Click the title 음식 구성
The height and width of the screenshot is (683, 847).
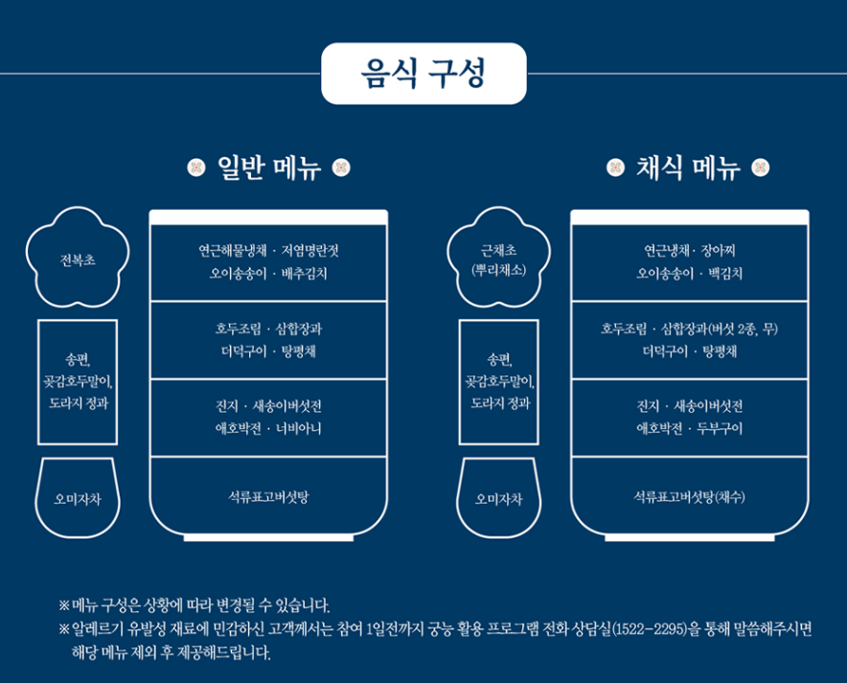coord(423,74)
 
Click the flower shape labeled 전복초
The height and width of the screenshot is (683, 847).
coord(78,259)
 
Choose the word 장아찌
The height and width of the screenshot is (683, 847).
coord(722,251)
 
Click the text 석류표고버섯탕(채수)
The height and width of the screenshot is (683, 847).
coord(689,497)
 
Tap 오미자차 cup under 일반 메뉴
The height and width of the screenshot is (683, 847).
coord(78,499)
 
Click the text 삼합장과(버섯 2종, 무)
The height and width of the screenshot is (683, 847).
coord(720,329)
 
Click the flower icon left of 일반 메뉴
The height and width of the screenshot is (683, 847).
coord(195,169)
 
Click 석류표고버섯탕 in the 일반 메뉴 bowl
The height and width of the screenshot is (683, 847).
coord(267,497)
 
